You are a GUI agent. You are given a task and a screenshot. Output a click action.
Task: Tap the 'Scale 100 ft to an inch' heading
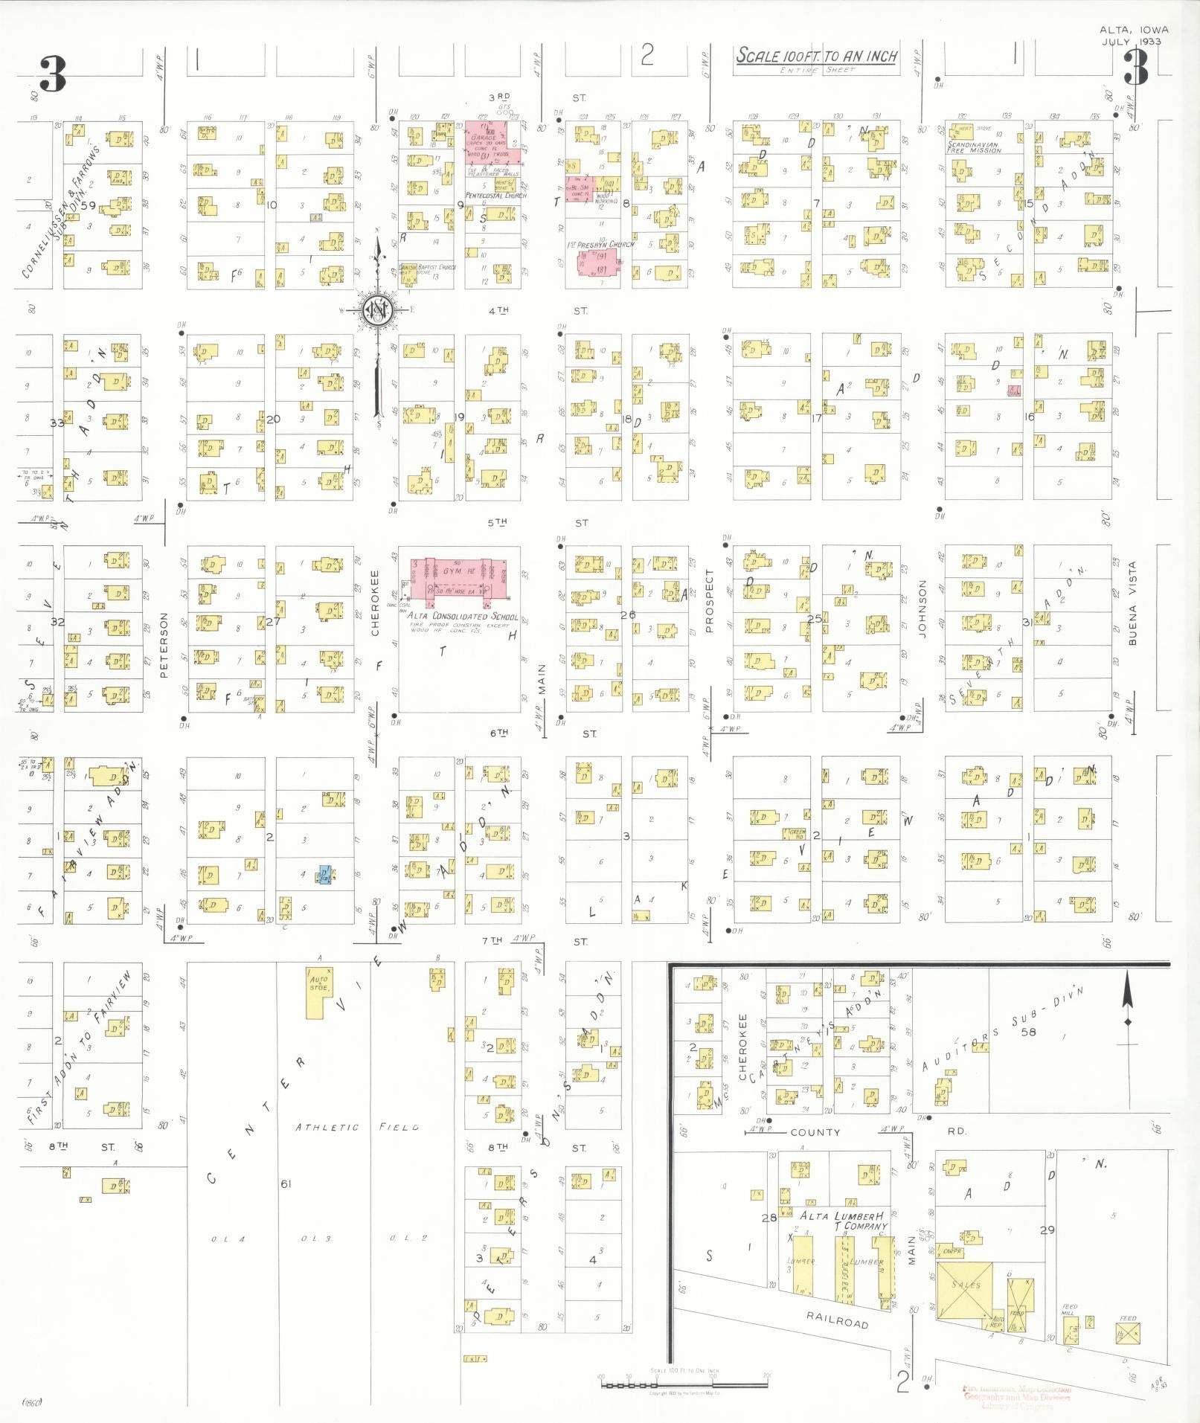pos(816,56)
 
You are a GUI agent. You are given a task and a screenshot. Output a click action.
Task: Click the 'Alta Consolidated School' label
pos(462,616)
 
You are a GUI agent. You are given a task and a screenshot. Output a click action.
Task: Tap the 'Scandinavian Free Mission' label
pos(974,146)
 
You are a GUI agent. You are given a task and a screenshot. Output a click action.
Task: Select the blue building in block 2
pos(325,875)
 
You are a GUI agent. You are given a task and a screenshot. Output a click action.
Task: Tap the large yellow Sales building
pos(966,1290)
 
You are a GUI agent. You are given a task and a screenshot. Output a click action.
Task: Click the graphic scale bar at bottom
pos(684,1384)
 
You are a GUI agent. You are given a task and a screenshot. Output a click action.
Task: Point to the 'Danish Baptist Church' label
pos(427,267)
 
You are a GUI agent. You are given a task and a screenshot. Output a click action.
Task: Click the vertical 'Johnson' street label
pos(923,608)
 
